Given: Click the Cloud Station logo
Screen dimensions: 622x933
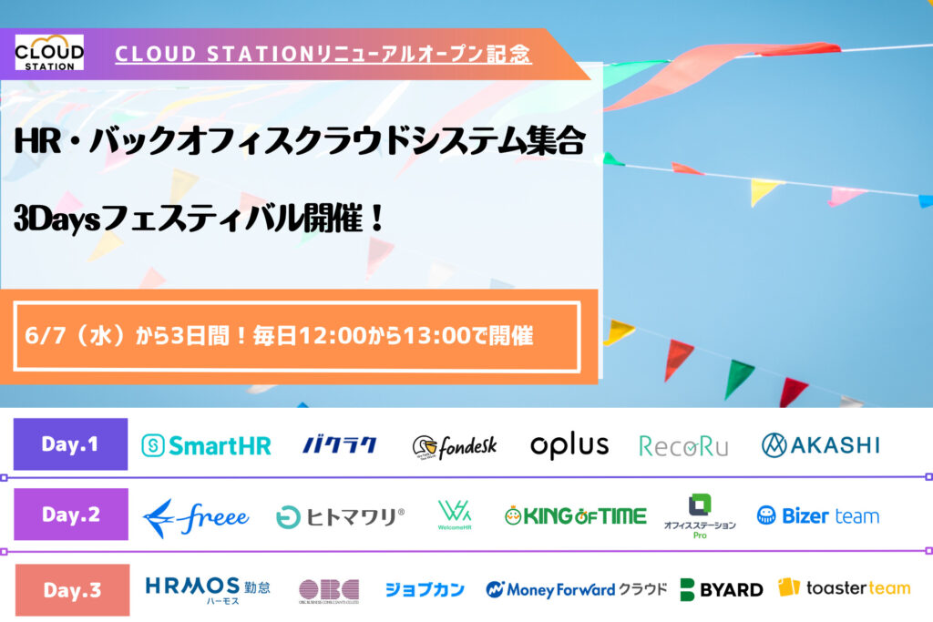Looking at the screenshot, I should click(49, 52).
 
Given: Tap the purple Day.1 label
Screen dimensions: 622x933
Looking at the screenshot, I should click(70, 444).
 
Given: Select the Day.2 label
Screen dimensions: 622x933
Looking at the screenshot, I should click(70, 515).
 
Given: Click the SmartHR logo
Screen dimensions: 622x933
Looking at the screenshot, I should click(206, 445).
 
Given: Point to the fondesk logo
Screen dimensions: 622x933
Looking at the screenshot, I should click(454, 446).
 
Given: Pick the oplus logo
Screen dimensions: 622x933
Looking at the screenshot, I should click(569, 445).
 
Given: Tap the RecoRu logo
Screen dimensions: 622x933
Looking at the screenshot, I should click(683, 445).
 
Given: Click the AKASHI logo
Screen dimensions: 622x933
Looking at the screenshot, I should click(820, 444).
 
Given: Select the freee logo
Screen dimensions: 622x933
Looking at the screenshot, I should click(196, 517).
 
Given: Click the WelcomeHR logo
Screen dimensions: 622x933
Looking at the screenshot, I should click(454, 516).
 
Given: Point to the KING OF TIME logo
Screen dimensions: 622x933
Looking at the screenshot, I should click(575, 516).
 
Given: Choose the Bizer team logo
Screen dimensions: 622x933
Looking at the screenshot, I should click(817, 516).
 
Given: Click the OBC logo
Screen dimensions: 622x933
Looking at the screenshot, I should click(329, 590).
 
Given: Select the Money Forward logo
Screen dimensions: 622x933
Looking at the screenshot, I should click(576, 589).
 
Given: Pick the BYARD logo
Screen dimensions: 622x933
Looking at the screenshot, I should click(721, 589).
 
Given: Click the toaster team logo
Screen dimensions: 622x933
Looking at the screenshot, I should click(844, 588).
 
